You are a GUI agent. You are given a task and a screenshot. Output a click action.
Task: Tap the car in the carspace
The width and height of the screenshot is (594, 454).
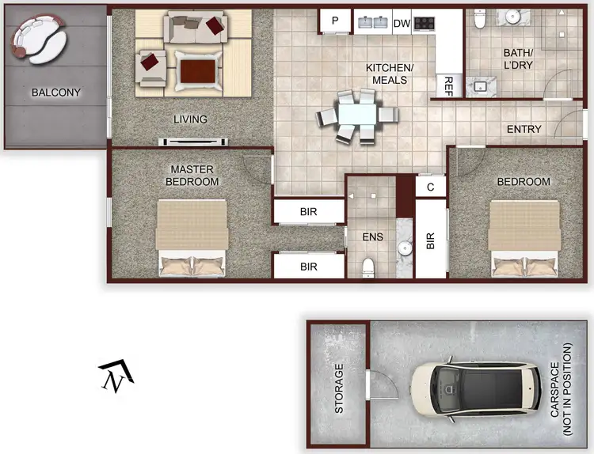[472, 390]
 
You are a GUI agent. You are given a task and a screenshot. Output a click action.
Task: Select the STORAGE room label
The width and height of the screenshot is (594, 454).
[340, 389]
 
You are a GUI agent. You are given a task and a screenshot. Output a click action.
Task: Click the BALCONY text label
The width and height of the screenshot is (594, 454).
[55, 93]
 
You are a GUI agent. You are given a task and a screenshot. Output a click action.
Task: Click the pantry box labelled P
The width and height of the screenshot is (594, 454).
[335, 21]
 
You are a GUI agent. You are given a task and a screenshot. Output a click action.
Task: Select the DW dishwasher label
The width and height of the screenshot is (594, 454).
[401, 23]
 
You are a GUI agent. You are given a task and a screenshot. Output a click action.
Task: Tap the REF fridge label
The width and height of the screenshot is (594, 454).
[448, 85]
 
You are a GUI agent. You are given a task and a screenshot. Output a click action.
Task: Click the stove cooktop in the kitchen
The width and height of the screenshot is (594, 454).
[425, 23]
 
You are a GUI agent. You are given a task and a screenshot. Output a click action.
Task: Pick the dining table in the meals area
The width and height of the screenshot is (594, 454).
[357, 116]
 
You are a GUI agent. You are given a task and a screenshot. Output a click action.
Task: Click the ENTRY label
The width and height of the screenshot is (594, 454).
[524, 129]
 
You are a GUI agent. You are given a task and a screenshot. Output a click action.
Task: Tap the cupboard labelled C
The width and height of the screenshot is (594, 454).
[431, 187]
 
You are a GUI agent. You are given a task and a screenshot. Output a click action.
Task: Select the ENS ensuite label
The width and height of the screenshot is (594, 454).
[373, 236]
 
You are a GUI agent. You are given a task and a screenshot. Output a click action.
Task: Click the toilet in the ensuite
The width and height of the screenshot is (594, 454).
[367, 267]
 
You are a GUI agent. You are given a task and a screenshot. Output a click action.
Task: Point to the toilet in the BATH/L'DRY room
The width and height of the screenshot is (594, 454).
[479, 20]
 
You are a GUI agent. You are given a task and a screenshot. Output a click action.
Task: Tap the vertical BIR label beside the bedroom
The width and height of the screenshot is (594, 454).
[431, 240]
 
